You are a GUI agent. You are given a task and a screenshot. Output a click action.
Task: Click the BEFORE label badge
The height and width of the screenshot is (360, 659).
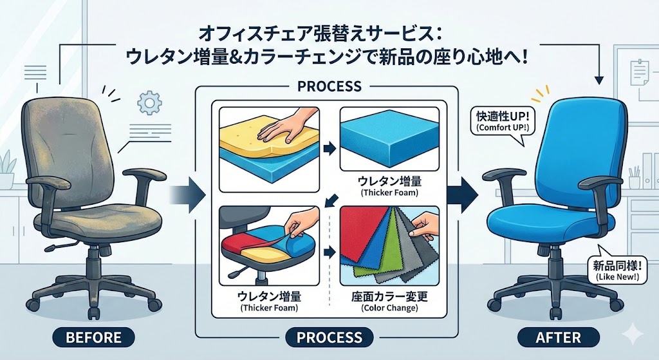(94, 337)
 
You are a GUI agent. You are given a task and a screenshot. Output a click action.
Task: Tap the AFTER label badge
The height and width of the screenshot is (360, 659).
(558, 337)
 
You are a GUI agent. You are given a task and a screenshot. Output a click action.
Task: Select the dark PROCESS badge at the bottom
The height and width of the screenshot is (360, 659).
(329, 337)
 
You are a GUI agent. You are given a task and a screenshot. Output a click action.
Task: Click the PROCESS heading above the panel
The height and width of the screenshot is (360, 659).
(329, 86)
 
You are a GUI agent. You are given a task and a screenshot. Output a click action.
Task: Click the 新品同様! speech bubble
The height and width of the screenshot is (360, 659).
(617, 270)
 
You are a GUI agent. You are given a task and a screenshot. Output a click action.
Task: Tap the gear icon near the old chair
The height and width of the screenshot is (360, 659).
(149, 102)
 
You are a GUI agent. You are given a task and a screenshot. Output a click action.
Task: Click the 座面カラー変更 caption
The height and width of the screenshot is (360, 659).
(389, 297)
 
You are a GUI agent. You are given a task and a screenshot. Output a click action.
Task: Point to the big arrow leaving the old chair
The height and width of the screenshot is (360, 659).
(187, 195)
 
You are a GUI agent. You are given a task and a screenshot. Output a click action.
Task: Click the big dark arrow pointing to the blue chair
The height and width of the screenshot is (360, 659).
(462, 194)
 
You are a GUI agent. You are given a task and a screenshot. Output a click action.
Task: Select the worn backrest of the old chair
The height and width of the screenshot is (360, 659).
(67, 151)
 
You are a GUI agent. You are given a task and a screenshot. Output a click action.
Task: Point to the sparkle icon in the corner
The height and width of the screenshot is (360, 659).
(632, 335)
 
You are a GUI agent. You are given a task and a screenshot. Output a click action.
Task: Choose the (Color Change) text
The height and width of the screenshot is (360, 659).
(389, 308)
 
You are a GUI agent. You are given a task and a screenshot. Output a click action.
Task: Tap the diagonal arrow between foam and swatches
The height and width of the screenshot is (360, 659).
(332, 200)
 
